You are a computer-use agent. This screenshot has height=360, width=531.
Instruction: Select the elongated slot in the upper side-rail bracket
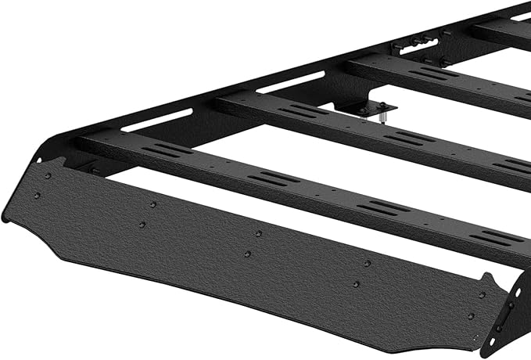(x=412, y=45)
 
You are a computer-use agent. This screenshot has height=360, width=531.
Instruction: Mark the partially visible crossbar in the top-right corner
(x=501, y=30)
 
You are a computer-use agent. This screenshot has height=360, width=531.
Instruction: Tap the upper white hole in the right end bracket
(x=515, y=291)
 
